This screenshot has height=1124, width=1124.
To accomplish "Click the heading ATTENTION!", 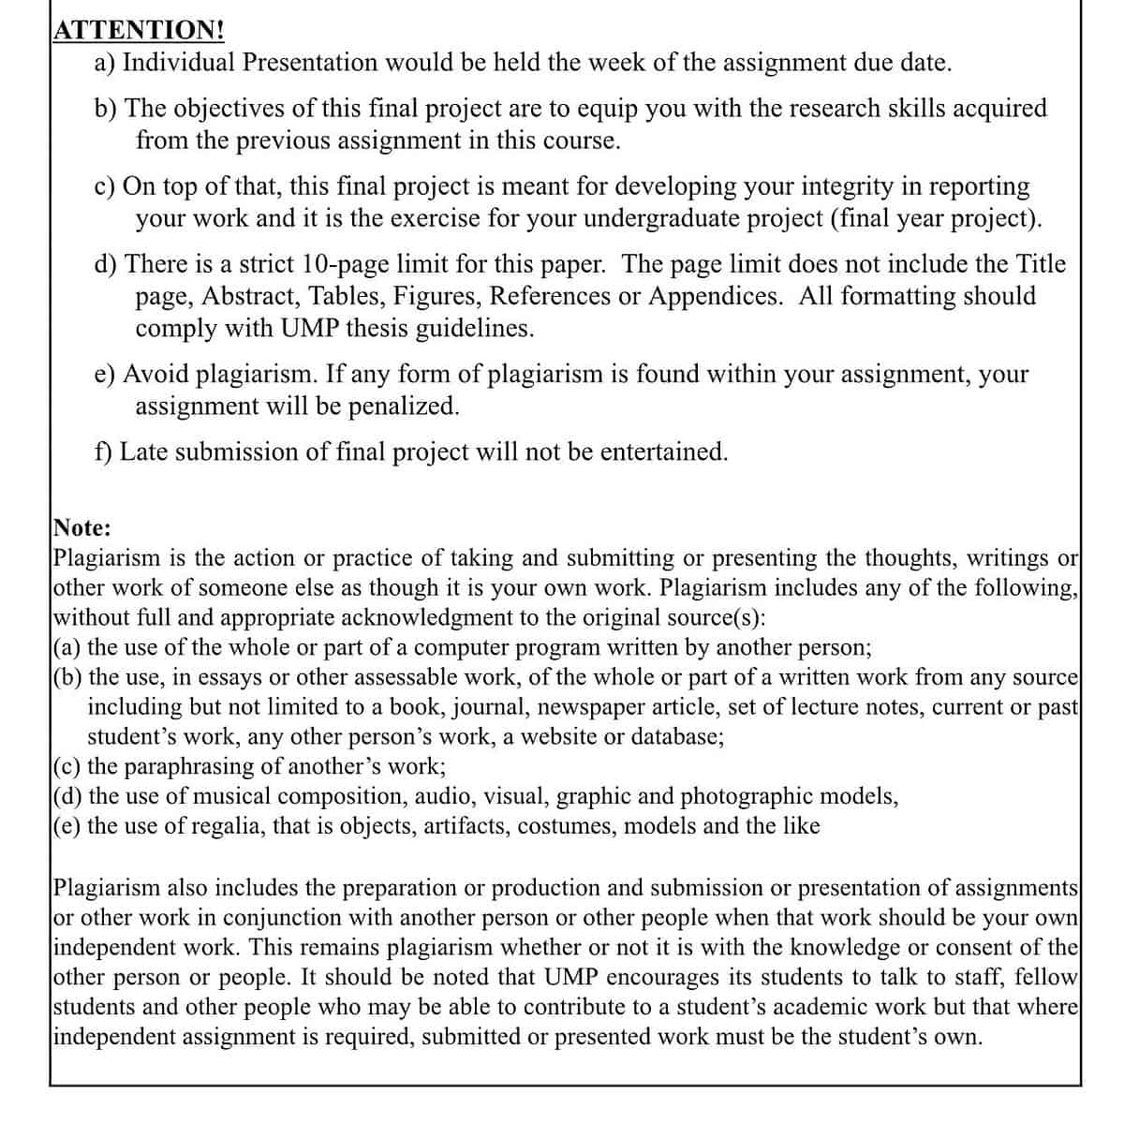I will point(139,30).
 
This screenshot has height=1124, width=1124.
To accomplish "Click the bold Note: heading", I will point(82,527).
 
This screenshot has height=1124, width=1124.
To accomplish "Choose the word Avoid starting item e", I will point(155,375).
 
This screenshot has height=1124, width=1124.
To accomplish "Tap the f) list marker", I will point(103,452).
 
